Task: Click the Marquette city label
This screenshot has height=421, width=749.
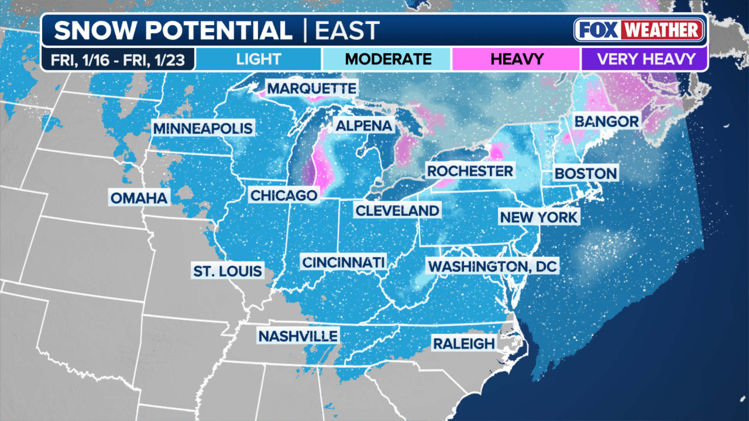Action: click(x=311, y=88)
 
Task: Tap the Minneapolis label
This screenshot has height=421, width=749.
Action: click(x=203, y=128)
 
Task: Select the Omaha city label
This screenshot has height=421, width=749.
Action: click(x=139, y=198)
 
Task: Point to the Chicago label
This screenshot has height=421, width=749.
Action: click(x=284, y=195)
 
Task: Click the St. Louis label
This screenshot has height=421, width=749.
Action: click(x=227, y=271)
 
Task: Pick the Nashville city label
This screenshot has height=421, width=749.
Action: click(x=298, y=336)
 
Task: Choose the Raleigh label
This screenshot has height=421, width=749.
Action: click(x=464, y=343)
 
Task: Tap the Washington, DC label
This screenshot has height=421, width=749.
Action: click(x=492, y=266)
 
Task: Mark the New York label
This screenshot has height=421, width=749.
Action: click(x=539, y=217)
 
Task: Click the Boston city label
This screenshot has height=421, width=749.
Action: click(x=586, y=173)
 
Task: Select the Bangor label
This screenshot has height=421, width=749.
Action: click(x=606, y=122)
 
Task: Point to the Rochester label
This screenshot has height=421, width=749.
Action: click(x=470, y=171)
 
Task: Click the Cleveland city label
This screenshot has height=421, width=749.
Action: click(x=397, y=210)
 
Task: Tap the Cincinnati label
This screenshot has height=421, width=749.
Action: click(x=343, y=262)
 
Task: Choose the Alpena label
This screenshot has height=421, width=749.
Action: click(x=364, y=126)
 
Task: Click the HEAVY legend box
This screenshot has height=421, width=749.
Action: click(x=516, y=59)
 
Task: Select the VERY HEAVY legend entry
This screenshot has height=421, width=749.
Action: click(x=646, y=59)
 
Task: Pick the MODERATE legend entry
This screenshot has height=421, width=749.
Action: click(x=388, y=59)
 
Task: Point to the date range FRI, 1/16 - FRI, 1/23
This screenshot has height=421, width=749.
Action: click(x=118, y=60)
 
